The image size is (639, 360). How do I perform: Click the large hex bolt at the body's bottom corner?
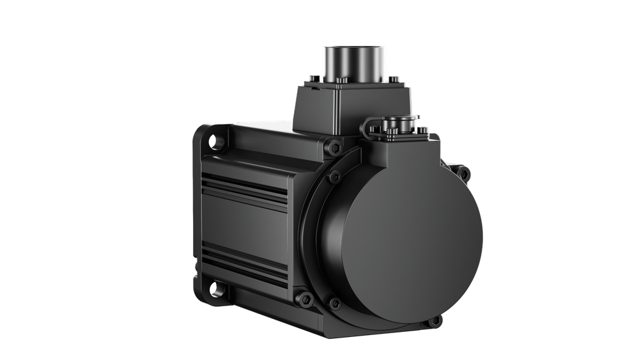(x=306, y=298)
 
